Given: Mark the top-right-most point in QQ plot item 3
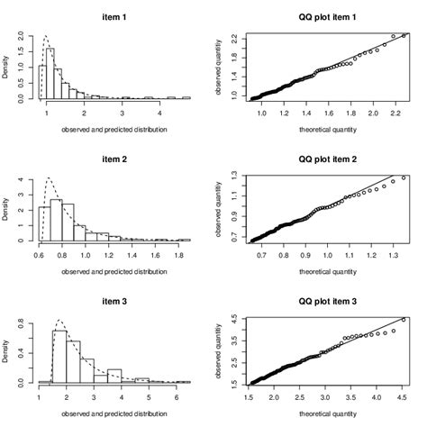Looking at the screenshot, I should point(404,320).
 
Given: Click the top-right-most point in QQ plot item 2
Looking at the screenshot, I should point(403,177).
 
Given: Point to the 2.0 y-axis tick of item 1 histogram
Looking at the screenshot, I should point(24,34).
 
